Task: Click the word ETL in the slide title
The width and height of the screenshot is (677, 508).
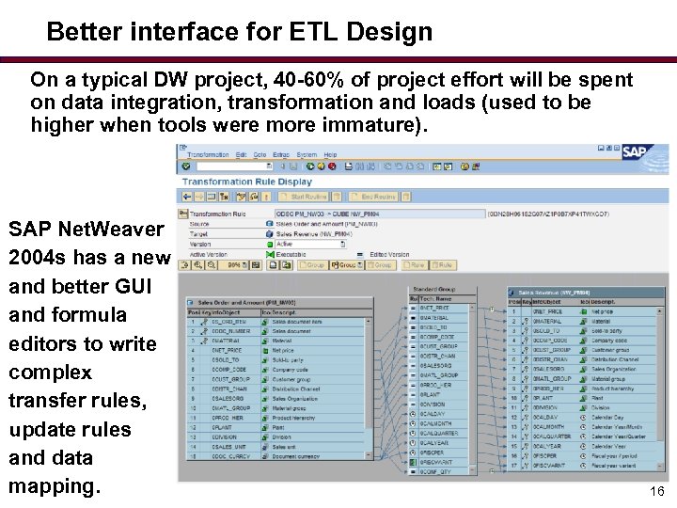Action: tap(313, 32)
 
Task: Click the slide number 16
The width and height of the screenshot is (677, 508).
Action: tap(656, 491)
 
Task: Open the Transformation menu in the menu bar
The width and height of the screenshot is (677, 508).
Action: tap(208, 154)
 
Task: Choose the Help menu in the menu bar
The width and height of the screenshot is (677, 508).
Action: tap(330, 154)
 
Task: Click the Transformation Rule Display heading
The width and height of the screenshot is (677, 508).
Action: tap(246, 182)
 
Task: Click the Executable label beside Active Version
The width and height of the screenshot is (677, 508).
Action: tap(292, 254)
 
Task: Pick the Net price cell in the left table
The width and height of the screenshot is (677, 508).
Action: tap(283, 349)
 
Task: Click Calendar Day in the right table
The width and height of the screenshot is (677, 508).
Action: tap(606, 417)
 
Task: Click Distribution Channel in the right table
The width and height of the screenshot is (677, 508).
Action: tap(615, 359)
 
